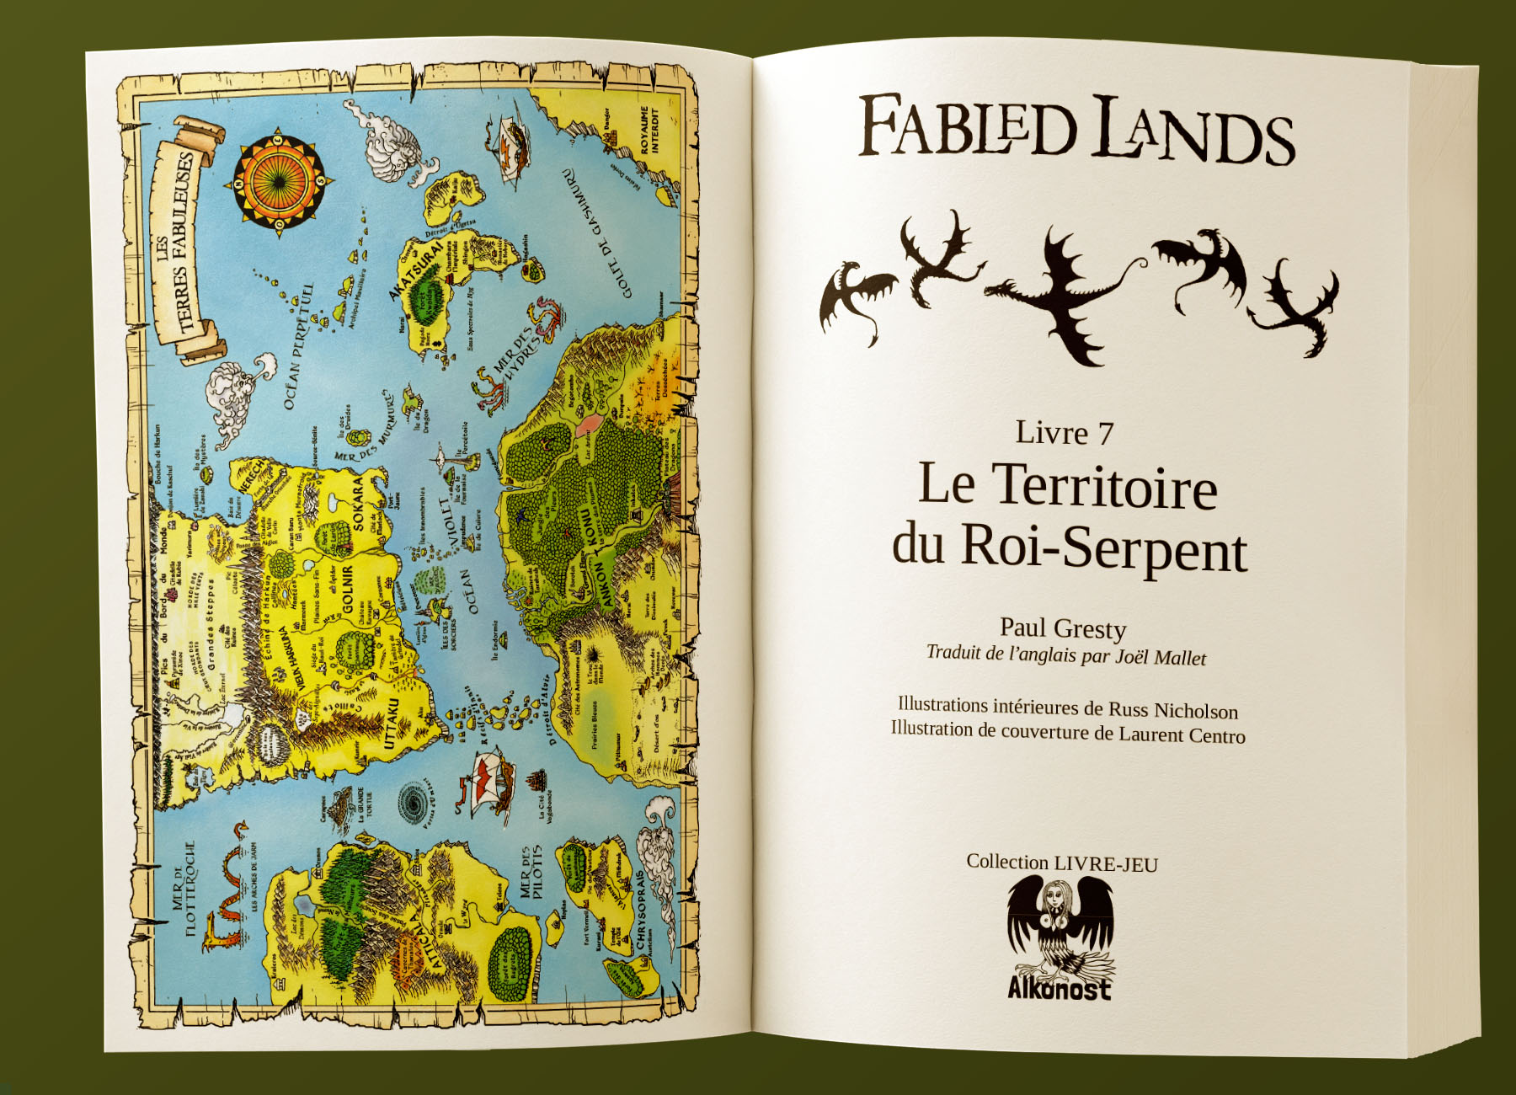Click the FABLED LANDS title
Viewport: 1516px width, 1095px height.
tap(1076, 129)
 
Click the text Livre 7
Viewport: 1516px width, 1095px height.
tap(1065, 433)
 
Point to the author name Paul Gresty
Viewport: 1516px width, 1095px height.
tap(1063, 628)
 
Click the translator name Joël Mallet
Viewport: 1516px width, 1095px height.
tap(1161, 658)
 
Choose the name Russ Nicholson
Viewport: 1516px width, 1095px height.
tap(1172, 711)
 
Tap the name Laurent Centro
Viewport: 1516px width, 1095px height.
tap(1182, 735)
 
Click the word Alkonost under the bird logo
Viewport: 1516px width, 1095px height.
tap(1060, 988)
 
